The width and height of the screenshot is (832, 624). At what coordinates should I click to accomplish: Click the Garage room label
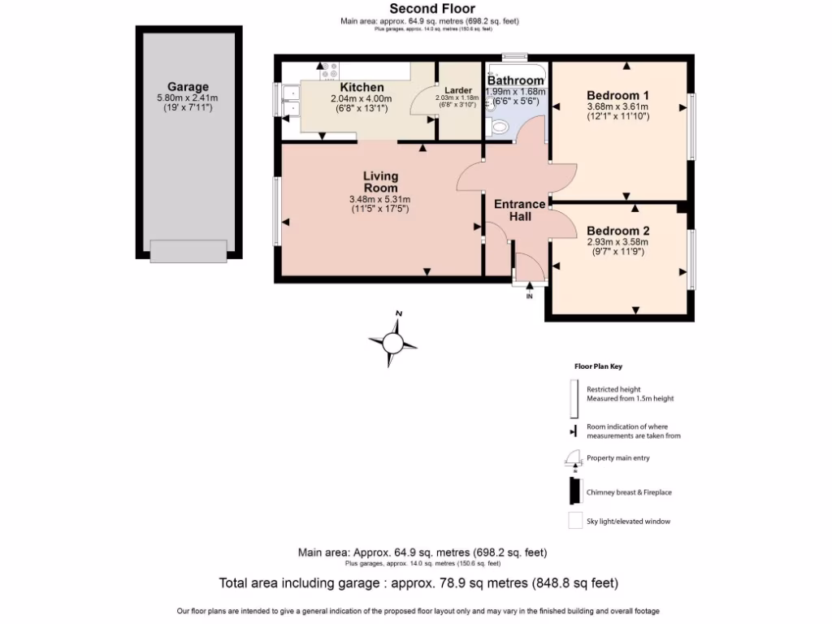[188, 87]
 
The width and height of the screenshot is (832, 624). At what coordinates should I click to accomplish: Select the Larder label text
[457, 90]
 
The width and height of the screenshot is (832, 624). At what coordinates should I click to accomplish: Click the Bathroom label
[515, 80]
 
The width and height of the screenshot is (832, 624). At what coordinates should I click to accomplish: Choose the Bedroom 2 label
[617, 230]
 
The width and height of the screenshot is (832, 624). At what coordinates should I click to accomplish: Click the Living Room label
[380, 182]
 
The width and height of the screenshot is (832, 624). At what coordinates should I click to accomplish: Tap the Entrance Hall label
[520, 210]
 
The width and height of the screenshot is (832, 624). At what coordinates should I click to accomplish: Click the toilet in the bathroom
[498, 126]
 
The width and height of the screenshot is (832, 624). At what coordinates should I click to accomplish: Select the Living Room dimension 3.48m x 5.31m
[379, 200]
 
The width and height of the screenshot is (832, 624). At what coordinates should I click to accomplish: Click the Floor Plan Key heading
[598, 366]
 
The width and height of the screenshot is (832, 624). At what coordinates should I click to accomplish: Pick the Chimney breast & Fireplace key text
[629, 492]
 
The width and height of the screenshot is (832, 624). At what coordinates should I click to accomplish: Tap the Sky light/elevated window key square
[574, 521]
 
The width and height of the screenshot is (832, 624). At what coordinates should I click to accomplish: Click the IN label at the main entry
[529, 296]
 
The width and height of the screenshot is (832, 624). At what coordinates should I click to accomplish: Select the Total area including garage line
[418, 583]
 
